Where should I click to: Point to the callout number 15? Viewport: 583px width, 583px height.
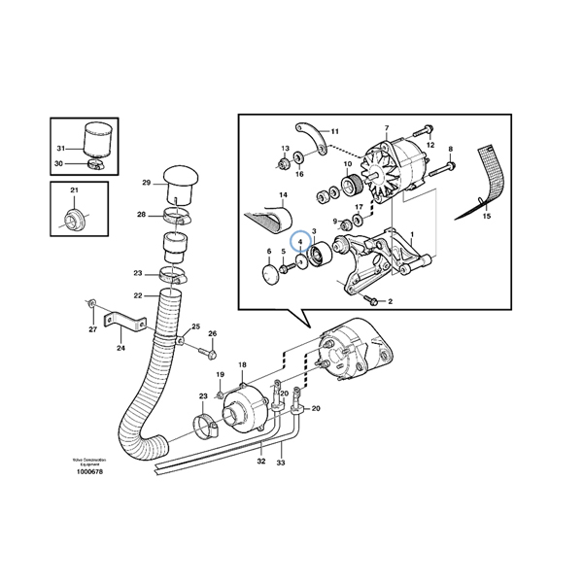click(x=487, y=217)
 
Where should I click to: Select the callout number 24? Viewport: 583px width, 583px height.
click(x=120, y=348)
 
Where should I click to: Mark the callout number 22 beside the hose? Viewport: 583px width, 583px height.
click(x=139, y=295)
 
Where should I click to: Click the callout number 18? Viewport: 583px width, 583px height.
click(x=241, y=363)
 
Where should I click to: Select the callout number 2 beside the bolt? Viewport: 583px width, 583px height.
click(x=390, y=302)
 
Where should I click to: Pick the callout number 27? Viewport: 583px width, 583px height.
click(x=93, y=329)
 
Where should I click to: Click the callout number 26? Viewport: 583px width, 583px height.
click(x=213, y=334)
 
